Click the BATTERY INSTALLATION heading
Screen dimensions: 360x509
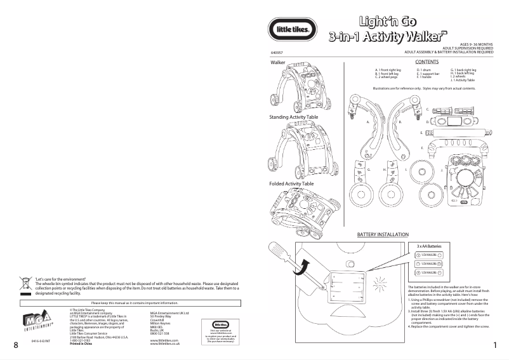(383, 235)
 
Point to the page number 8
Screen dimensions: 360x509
(15, 345)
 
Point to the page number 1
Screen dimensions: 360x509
(494, 345)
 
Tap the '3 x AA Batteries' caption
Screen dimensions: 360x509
(428, 245)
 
